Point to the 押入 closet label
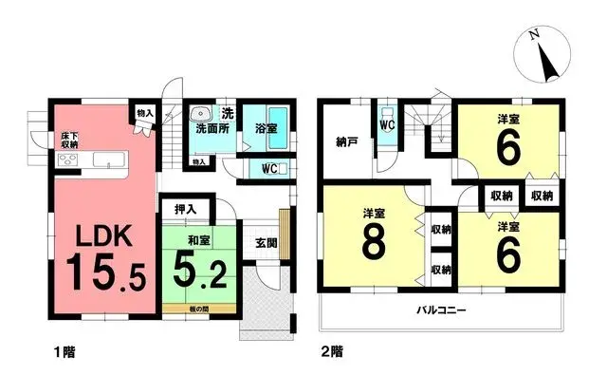(x=186, y=209)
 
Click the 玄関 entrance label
(x=267, y=241)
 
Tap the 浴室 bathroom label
(x=265, y=126)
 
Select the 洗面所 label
(x=212, y=126)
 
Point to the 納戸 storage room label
(x=346, y=144)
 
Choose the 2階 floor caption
(x=331, y=351)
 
